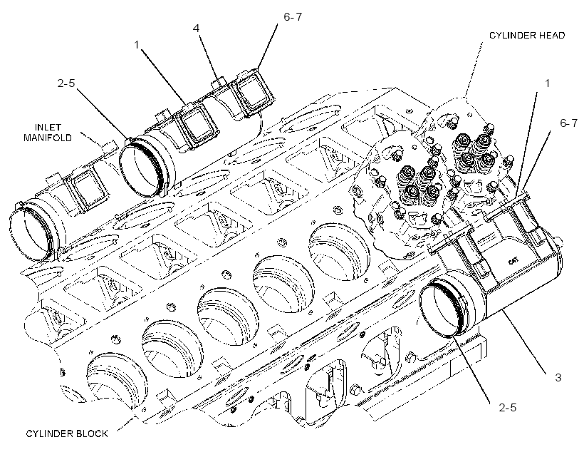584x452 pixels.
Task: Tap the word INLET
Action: [48, 128]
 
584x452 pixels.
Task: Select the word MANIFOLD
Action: [48, 138]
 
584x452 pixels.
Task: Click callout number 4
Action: [197, 29]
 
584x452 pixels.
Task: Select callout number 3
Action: [558, 377]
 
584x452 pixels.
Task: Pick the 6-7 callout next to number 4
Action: [293, 17]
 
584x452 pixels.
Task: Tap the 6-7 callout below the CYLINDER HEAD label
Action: [569, 123]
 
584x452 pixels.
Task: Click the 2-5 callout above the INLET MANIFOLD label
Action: [66, 83]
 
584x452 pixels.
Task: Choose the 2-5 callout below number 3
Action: [508, 408]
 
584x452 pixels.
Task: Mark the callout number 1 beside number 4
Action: [136, 45]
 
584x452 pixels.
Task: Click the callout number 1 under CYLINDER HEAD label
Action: [547, 83]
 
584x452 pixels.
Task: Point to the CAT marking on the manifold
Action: [513, 261]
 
